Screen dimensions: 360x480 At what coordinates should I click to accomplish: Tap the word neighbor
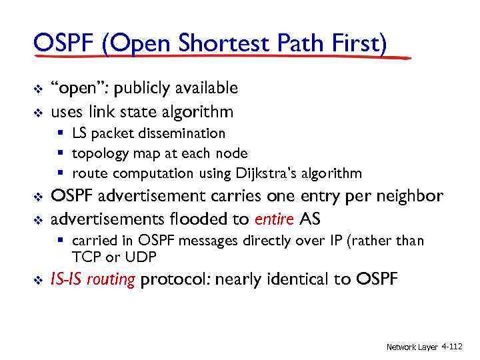point(411,197)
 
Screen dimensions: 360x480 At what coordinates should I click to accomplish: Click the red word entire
point(275,219)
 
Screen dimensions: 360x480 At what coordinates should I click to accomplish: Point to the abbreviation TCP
point(86,257)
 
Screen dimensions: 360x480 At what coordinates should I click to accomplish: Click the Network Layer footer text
point(412,347)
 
